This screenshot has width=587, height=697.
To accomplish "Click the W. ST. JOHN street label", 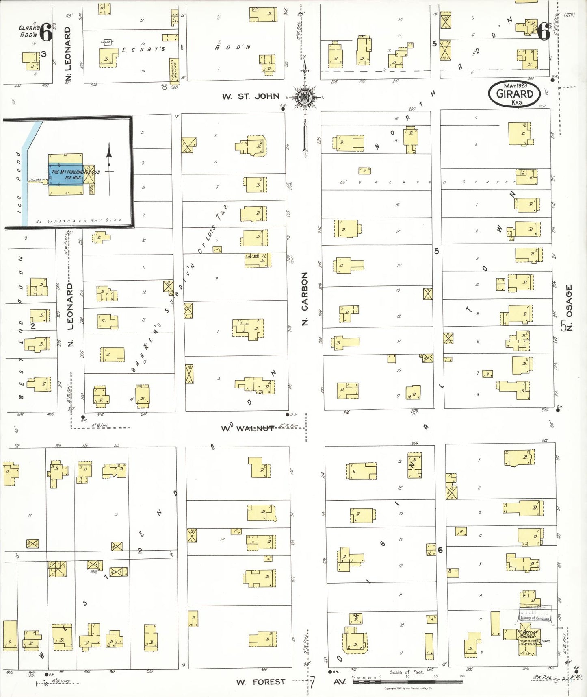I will click(251, 96).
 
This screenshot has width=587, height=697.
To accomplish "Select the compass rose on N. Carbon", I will click(304, 97).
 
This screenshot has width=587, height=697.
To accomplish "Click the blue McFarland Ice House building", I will click(66, 174).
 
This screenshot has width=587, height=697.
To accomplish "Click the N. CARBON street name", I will click(305, 298).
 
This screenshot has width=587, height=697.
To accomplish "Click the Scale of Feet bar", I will click(407, 681).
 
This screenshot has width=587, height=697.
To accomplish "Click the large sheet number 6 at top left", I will click(46, 32).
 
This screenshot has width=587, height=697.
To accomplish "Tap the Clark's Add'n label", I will click(29, 31).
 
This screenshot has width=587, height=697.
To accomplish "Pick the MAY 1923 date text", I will click(515, 85).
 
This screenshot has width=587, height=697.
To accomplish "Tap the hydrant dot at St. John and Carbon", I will click(283, 109).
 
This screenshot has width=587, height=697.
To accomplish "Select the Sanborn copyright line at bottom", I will click(408, 688).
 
